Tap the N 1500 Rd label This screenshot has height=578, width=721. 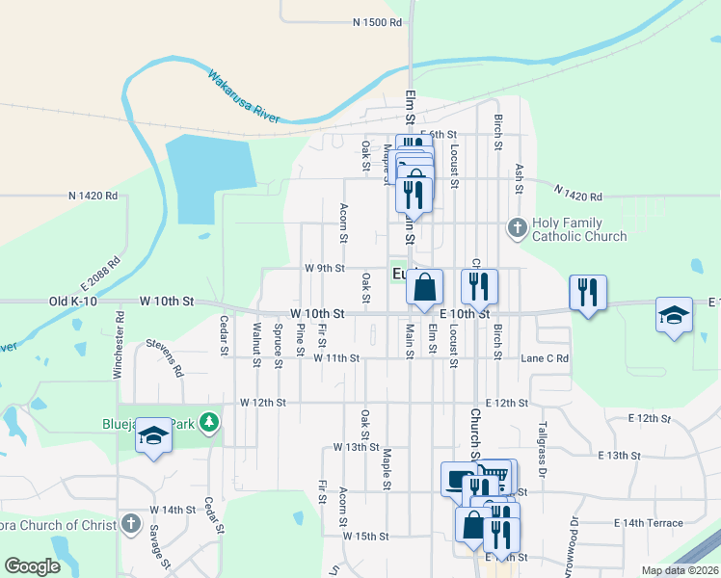(x=376, y=21)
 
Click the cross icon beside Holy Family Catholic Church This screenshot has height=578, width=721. (x=517, y=228)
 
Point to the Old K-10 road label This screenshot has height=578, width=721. (x=72, y=302)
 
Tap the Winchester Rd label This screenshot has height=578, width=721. (x=119, y=344)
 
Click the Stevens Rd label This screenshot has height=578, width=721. (x=165, y=356)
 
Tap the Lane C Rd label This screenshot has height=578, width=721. (x=545, y=358)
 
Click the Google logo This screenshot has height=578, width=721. (x=32, y=566)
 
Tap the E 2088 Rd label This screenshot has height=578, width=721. (x=100, y=275)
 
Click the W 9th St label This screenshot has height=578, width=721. (x=324, y=268)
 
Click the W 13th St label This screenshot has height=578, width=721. (x=356, y=447)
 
